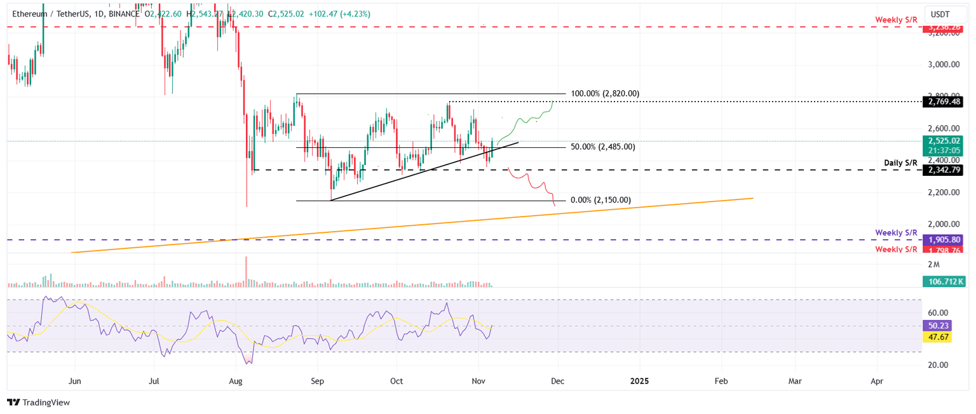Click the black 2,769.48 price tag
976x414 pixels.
945,102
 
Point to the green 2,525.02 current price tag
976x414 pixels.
945,141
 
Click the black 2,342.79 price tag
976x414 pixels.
945,170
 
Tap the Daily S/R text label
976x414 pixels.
900,163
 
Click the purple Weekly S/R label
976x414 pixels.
896,233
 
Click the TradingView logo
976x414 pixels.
39,402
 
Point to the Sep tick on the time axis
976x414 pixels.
318,381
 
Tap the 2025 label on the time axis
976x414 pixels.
639,381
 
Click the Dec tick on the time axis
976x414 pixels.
558,381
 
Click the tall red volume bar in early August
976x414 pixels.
245,272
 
